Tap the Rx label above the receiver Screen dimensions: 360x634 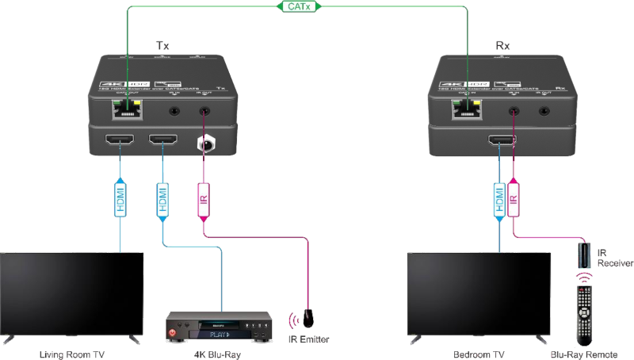502,47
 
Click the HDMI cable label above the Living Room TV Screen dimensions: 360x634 121,196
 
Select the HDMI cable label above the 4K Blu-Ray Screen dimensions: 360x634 163,196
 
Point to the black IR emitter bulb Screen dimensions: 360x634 308,316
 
